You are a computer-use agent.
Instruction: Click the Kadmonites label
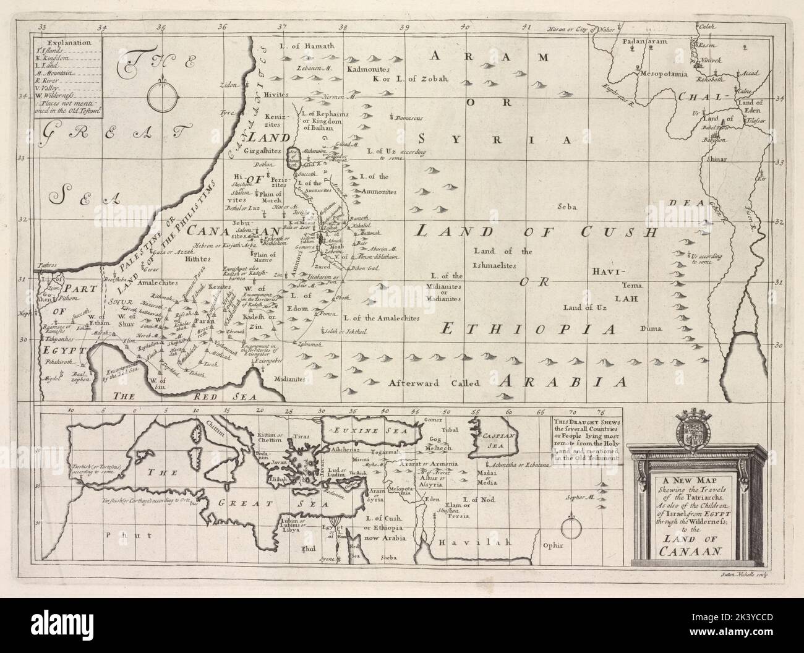(x=367, y=69)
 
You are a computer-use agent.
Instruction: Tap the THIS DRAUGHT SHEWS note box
(x=585, y=439)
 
